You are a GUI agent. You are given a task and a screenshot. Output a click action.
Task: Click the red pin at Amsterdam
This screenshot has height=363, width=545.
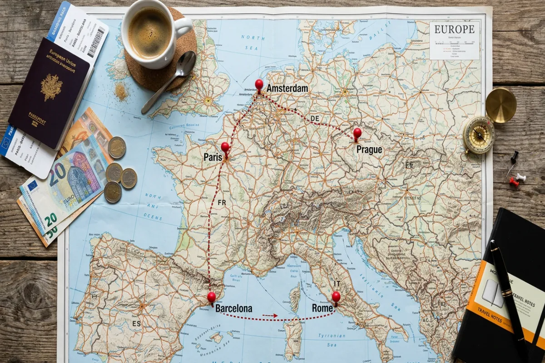(x=259, y=84)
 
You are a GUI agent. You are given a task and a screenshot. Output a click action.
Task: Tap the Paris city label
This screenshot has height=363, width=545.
(x=213, y=157)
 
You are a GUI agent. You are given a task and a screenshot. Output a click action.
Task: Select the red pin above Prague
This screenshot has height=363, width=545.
(x=357, y=132)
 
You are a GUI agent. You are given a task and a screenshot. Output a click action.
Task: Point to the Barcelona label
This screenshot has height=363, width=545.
(x=233, y=309)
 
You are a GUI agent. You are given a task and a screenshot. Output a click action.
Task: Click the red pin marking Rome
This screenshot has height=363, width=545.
(x=336, y=297)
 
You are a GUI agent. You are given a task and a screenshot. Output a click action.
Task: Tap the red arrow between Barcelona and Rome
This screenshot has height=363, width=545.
(x=270, y=315)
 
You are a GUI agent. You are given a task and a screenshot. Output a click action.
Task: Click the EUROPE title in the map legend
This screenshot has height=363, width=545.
(x=454, y=29)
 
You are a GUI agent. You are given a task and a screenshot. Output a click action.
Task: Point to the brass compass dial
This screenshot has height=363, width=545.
(x=479, y=135)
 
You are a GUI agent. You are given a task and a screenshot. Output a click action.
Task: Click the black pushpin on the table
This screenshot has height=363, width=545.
(x=515, y=157)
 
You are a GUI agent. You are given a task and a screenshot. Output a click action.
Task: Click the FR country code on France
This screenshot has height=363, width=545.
(x=222, y=202)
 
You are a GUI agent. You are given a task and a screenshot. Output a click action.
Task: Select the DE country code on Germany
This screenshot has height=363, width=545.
(x=315, y=118)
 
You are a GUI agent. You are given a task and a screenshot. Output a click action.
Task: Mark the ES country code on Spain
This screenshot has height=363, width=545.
(x=136, y=324)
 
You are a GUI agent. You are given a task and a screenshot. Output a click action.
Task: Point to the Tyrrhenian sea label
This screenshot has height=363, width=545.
(x=331, y=336)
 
